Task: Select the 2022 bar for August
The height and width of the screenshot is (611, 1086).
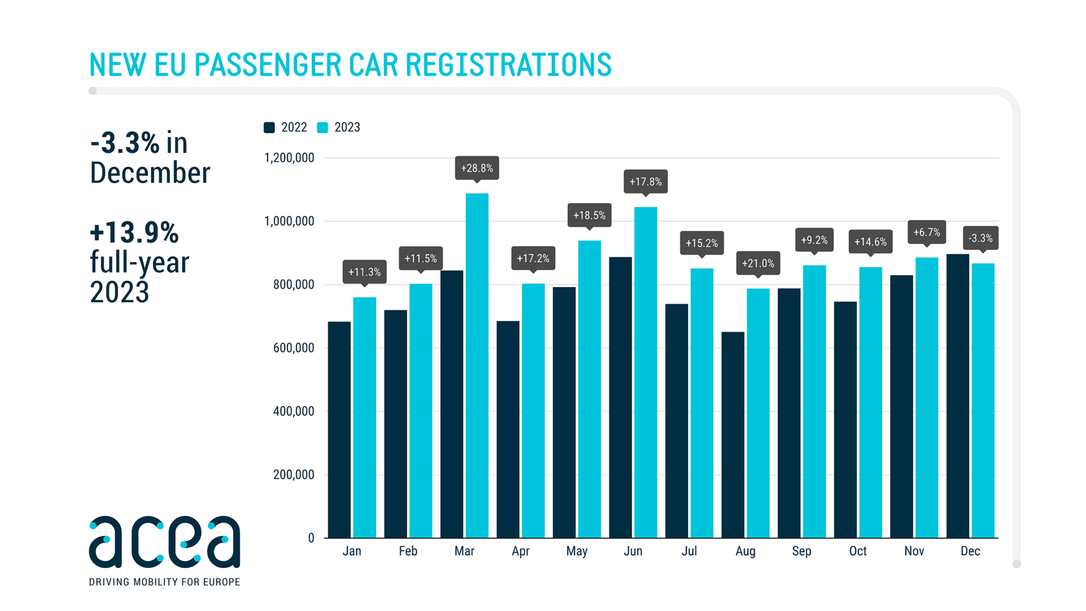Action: pos(733,435)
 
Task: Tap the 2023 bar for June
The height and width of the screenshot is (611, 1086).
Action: pos(645,371)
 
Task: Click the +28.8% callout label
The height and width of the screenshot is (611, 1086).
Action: pos(477,168)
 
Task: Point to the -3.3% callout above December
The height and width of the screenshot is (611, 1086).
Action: pos(980,238)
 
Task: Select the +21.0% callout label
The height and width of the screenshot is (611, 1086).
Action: pos(758,263)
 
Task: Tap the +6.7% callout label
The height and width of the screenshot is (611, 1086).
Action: pos(926,232)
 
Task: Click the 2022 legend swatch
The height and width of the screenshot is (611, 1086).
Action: pos(269,127)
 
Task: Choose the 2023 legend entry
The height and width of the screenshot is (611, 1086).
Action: pos(339,127)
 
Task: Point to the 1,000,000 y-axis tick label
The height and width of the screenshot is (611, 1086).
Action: pos(289,221)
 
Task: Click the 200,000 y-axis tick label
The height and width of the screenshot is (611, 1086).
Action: pos(293,475)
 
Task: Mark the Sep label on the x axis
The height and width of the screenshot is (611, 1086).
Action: pos(801,551)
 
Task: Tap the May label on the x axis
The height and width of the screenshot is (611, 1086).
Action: pos(576,551)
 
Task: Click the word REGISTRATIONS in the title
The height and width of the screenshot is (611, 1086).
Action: pos(509,65)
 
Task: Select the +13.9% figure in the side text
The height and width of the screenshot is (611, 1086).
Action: pos(134,233)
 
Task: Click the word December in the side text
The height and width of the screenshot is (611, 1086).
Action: pos(150,173)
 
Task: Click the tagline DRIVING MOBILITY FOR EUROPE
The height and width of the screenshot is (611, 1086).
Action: pos(164,582)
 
